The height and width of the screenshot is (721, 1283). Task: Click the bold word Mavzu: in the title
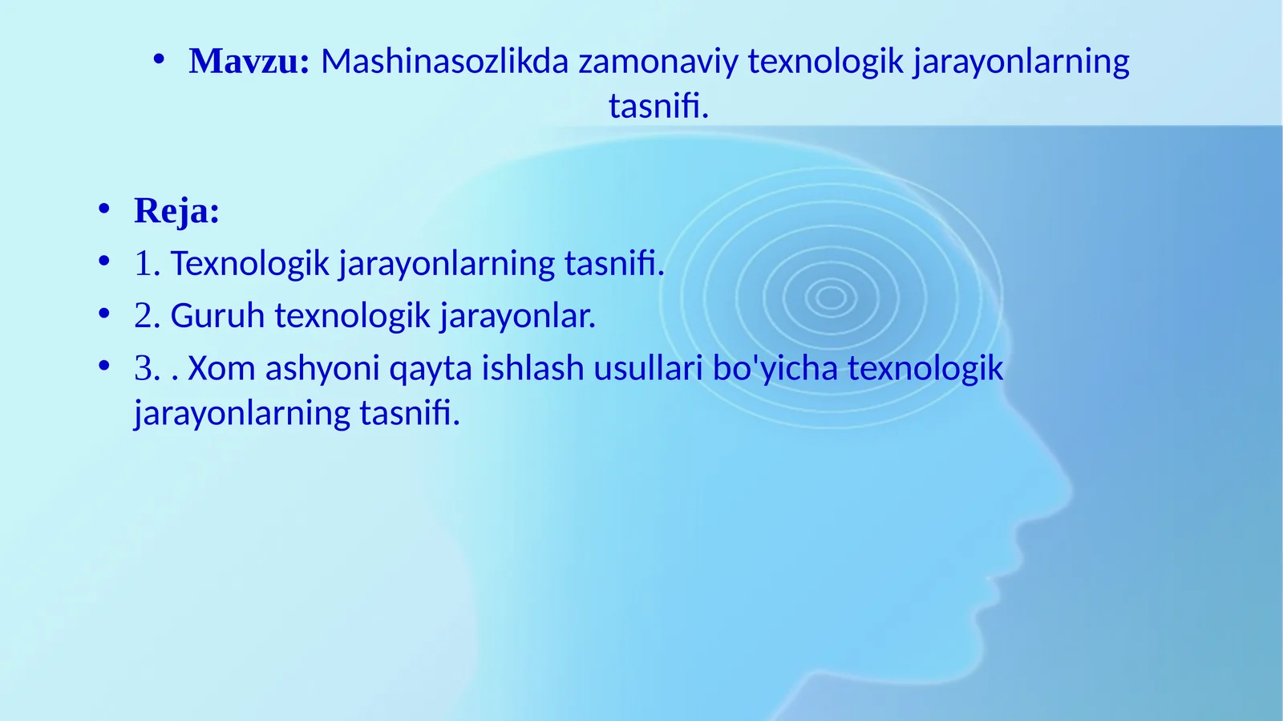tap(249, 61)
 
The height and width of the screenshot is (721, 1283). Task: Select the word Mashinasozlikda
tap(444, 61)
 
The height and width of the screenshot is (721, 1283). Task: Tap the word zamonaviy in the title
tap(658, 62)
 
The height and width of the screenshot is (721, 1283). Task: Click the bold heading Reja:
tap(176, 210)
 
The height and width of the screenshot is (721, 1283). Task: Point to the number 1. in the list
tap(148, 263)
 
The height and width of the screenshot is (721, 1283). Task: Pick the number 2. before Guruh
tap(148, 315)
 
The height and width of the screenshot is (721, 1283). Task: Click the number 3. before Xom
tap(148, 367)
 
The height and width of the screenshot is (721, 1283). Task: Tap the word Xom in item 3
tap(221, 367)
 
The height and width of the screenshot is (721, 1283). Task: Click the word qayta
tap(431, 371)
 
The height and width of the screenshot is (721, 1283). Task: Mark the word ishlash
tap(532, 367)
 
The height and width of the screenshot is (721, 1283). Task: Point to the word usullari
tap(648, 367)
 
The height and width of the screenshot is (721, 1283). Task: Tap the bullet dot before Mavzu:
tap(159, 59)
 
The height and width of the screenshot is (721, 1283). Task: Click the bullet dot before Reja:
tap(103, 209)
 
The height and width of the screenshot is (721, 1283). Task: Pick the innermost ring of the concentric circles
tap(831, 298)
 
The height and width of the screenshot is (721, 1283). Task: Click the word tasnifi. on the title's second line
tap(658, 106)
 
